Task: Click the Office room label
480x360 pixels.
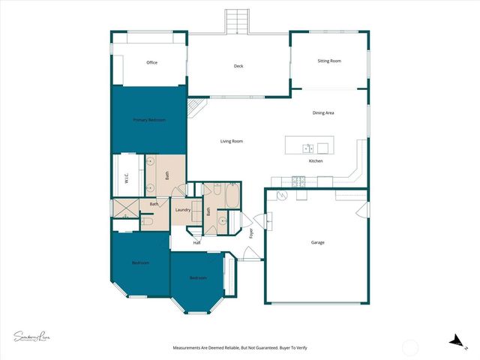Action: click(151, 62)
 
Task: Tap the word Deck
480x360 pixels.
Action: click(238, 66)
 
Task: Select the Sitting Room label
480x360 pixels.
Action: click(329, 61)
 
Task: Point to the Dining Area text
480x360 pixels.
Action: click(323, 112)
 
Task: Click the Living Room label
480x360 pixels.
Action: click(231, 141)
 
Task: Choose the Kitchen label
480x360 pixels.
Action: click(316, 161)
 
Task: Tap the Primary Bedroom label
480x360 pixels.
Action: click(148, 120)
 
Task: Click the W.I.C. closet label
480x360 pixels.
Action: click(127, 178)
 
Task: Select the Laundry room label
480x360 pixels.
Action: click(182, 210)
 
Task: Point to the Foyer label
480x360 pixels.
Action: click(251, 233)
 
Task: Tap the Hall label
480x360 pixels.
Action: click(196, 242)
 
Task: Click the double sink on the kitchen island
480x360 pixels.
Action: click(307, 148)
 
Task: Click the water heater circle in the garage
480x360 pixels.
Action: click(282, 195)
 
